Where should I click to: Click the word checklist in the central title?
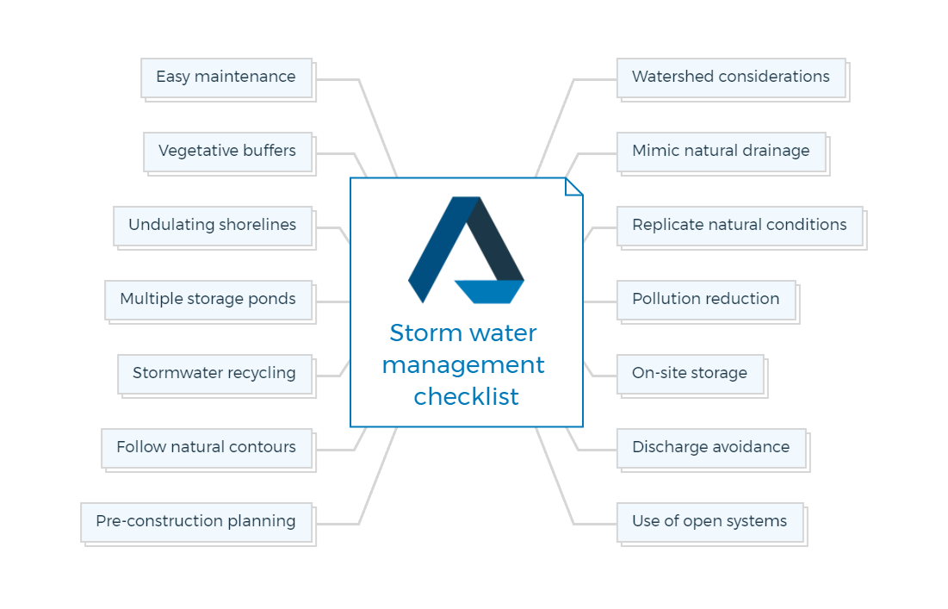466,397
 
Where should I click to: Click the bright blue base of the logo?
489,291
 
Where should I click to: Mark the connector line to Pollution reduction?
600,301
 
